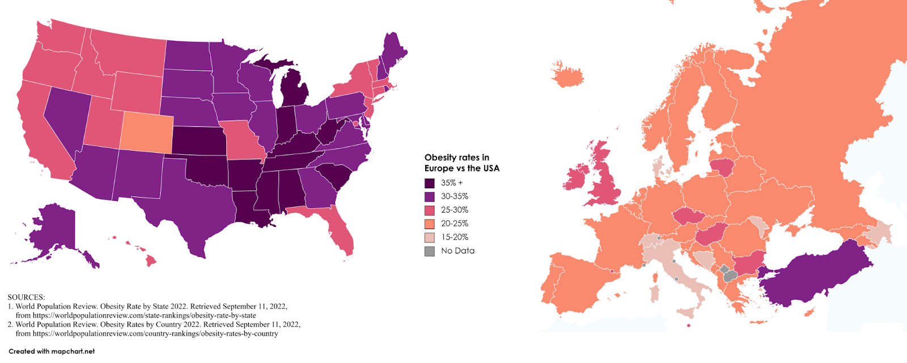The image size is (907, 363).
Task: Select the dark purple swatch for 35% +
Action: coord(430,183)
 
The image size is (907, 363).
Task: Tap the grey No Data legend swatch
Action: coord(430,251)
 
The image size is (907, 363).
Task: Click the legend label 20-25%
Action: coord(455,223)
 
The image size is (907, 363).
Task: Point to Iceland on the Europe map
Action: coord(567,75)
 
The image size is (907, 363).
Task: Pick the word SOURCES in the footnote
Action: coord(26,297)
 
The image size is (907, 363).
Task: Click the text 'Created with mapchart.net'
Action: coord(52,352)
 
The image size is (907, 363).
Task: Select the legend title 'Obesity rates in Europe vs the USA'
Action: coord(461,163)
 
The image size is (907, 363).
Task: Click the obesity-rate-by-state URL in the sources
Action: coord(144,315)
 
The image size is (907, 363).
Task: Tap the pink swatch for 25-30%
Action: coord(430,210)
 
